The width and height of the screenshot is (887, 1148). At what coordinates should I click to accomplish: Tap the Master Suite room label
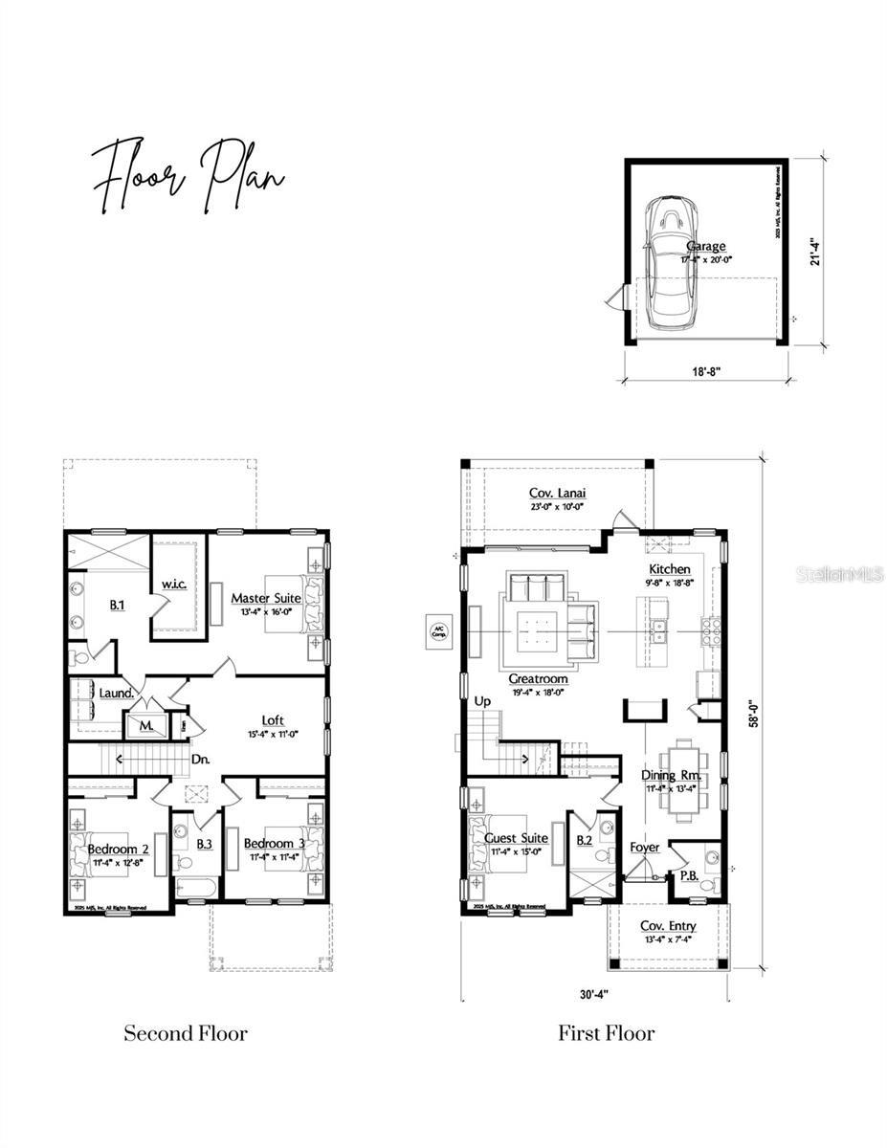[266, 598]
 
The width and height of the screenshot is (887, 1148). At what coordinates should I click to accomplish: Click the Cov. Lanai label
[558, 494]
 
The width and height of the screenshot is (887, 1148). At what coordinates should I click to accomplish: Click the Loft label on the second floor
[274, 720]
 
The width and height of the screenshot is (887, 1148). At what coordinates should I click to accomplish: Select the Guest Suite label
[517, 838]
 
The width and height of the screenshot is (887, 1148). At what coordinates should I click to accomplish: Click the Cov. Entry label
[668, 926]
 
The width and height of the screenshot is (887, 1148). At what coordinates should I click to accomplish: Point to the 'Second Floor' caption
[186, 1033]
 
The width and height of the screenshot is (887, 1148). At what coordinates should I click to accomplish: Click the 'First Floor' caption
[607, 1033]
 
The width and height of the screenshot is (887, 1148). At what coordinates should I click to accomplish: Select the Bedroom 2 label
[118, 849]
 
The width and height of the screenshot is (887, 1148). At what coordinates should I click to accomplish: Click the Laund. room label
[115, 692]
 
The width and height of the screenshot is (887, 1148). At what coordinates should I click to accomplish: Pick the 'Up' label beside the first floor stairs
[483, 701]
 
